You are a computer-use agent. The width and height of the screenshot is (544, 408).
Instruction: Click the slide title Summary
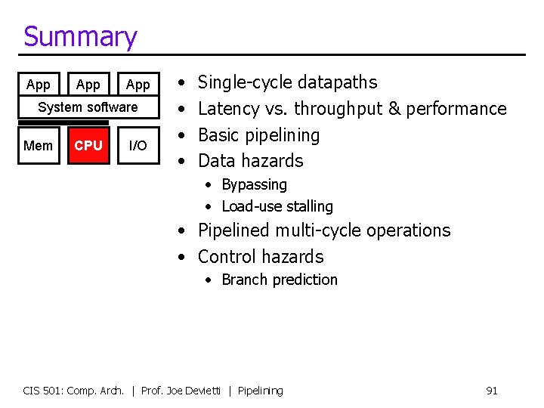80,36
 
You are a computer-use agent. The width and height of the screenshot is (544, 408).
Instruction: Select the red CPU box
88,145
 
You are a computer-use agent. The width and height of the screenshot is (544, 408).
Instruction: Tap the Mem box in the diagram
39,145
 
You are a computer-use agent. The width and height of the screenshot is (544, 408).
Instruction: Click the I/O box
138,145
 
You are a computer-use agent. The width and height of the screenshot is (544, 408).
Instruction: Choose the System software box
88,107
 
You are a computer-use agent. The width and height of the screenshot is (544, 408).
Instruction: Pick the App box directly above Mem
39,85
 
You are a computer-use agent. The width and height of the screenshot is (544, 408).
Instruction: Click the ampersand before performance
394,109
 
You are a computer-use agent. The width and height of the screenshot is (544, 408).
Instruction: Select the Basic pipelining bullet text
258,135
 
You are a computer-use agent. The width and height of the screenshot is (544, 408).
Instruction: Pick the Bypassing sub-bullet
254,185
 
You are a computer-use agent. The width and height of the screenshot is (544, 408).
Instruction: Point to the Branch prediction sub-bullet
280,280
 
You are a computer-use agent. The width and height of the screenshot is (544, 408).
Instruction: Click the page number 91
491,391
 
